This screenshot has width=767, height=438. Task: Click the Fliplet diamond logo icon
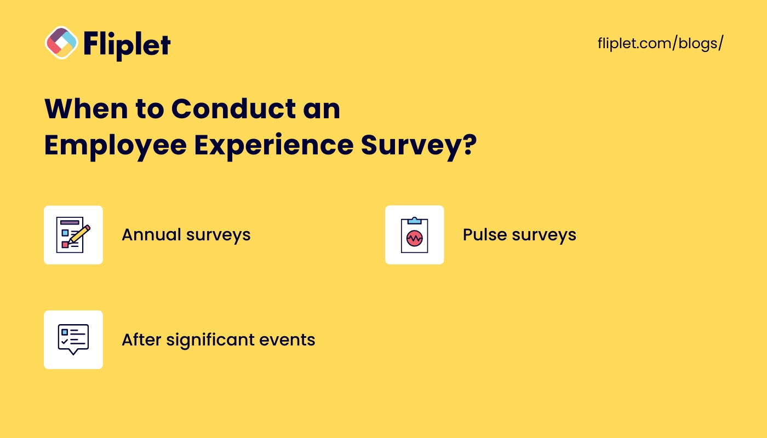61,43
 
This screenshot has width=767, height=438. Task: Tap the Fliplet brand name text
127,44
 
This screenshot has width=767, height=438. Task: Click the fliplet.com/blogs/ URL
661,43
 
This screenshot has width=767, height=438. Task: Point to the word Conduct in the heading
233,109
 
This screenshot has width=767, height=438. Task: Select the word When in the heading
87,109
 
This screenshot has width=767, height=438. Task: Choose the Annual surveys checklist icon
73,235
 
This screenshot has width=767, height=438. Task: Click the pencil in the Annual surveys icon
79,234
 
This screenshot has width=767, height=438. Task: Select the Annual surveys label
186,235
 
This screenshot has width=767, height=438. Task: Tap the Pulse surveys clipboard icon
414,235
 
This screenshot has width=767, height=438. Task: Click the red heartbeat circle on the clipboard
414,238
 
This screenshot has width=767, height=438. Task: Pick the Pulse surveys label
519,235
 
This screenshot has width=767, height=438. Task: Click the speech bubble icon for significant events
73,339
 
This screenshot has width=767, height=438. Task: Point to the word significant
210,340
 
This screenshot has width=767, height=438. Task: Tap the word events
287,340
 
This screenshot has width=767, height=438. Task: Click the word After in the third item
141,339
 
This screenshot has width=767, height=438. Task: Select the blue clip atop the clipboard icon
414,221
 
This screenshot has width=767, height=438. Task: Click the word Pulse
485,235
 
